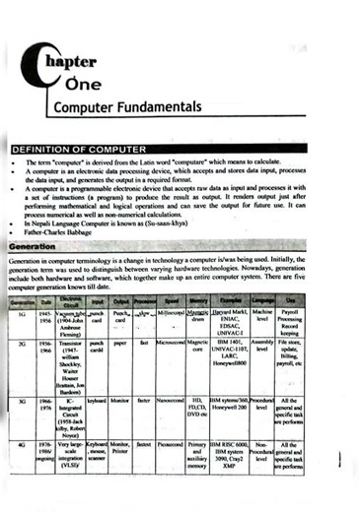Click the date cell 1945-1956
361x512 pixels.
(45, 316)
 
